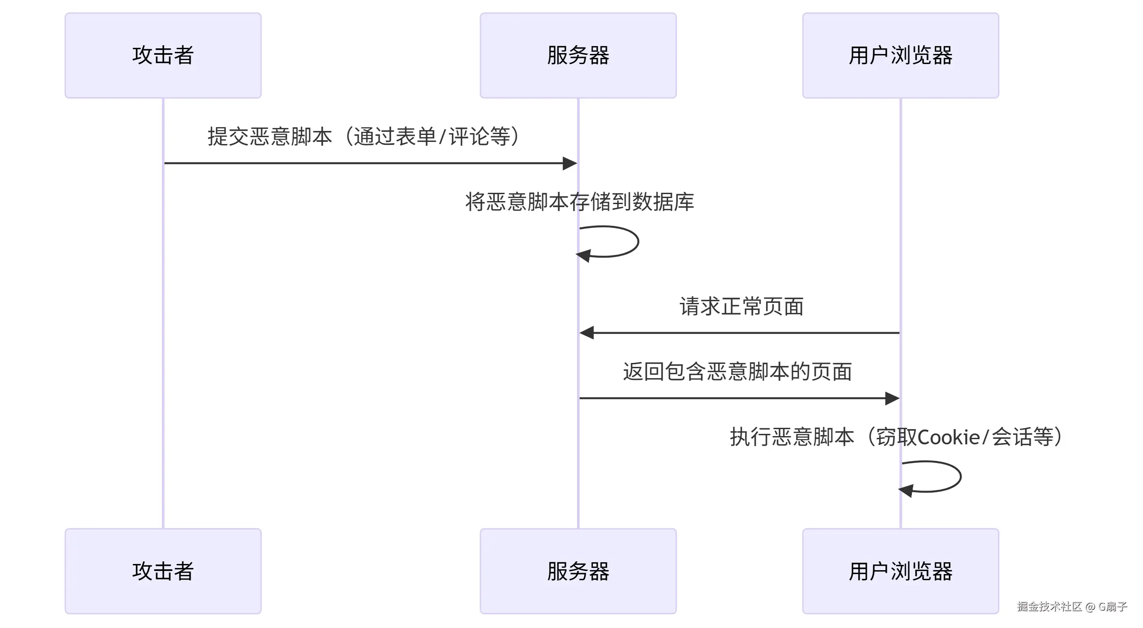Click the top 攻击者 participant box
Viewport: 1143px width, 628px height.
coord(163,55)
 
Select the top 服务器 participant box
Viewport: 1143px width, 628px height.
coord(578,55)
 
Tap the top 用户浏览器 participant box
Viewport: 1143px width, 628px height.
coord(900,55)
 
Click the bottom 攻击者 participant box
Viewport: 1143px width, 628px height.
coord(163,571)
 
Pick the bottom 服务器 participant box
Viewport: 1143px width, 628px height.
coord(578,571)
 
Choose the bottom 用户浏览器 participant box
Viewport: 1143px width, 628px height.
coord(900,571)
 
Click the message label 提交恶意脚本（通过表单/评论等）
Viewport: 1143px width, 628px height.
coord(364,136)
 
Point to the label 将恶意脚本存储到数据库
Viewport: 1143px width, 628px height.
coord(579,202)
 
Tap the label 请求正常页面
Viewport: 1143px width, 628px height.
coord(741,306)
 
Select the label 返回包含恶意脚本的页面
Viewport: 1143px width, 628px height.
coord(737,372)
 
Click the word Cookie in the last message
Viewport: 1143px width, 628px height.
coord(948,438)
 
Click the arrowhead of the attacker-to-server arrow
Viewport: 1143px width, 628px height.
coord(570,163)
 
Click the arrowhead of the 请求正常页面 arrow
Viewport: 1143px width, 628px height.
coord(587,332)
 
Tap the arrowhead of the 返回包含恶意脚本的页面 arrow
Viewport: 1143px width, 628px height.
coord(892,398)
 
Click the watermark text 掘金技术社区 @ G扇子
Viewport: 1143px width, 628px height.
coord(1072,607)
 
